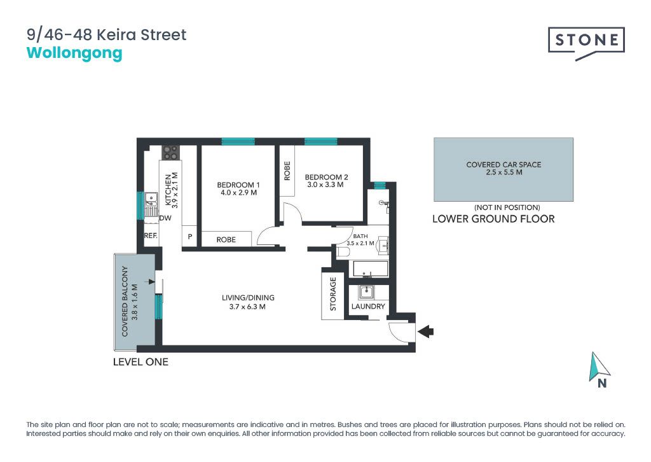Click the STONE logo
586,41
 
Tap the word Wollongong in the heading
74,53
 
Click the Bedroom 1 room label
238,185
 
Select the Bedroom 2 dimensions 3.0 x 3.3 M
325,185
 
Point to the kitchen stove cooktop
170,153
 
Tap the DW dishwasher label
165,218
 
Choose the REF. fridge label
151,235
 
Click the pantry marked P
189,237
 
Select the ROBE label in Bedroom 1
226,240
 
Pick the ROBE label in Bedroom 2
287,171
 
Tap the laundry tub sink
366,292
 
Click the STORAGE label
333,294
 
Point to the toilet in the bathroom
344,252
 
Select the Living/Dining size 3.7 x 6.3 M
247,307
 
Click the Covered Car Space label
504,165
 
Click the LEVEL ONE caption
140,362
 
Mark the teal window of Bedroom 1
238,141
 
